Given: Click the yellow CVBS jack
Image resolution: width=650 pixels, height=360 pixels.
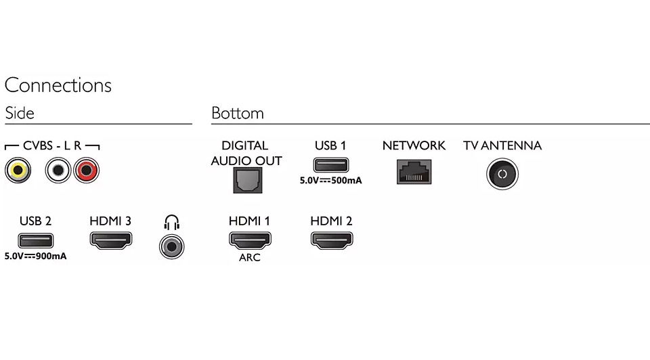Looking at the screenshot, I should tap(17, 170).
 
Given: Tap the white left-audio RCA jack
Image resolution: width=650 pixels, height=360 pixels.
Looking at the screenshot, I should tap(58, 170).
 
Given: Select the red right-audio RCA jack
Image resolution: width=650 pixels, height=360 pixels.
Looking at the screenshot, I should tap(87, 170).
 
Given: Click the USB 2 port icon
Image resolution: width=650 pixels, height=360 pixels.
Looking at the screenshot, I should tap(35, 240).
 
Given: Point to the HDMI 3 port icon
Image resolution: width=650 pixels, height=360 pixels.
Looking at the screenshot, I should tap(111, 240).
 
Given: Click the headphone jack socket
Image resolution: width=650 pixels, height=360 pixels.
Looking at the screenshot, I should tap(171, 246).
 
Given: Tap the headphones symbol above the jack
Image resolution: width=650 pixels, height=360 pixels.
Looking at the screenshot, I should tap(171, 222).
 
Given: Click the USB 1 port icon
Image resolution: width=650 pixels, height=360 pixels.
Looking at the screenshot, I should tap(330, 164).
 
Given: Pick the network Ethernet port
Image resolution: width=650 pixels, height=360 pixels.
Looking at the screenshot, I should tap(414, 172).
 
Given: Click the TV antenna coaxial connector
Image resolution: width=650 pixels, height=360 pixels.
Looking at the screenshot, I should tap(502, 174).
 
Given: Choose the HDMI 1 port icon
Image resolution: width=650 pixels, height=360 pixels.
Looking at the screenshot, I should tap(250, 240).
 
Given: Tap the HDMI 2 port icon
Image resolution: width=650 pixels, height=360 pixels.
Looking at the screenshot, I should tap(332, 240).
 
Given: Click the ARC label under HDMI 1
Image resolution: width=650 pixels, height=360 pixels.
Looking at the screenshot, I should tap(250, 258).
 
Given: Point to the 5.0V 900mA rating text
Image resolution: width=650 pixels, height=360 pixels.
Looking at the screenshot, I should tap(39, 256).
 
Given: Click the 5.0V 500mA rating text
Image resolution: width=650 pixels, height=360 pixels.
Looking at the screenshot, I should tap(330, 181).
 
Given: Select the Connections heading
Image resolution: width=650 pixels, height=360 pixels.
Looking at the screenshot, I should tap(58, 85).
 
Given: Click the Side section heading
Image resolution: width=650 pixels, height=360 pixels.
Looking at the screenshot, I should tap(20, 113).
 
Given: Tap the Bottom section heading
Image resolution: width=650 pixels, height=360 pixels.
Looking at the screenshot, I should tap(238, 113).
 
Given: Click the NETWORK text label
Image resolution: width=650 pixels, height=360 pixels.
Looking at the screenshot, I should tap(414, 145).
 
